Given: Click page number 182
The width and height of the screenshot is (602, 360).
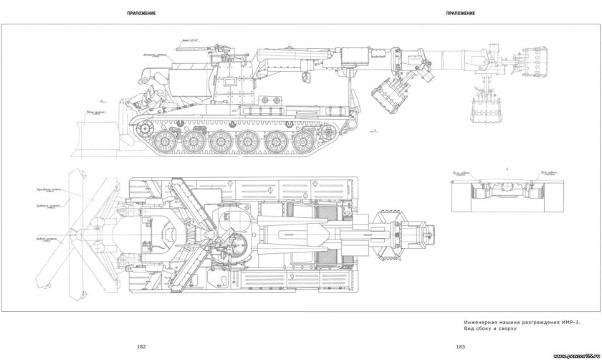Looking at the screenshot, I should (142, 347).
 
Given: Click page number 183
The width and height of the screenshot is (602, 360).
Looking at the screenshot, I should (461, 347).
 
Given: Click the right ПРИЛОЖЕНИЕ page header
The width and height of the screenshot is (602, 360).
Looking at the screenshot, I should (459, 14).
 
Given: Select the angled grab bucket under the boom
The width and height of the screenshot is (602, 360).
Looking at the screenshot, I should (388, 94).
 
